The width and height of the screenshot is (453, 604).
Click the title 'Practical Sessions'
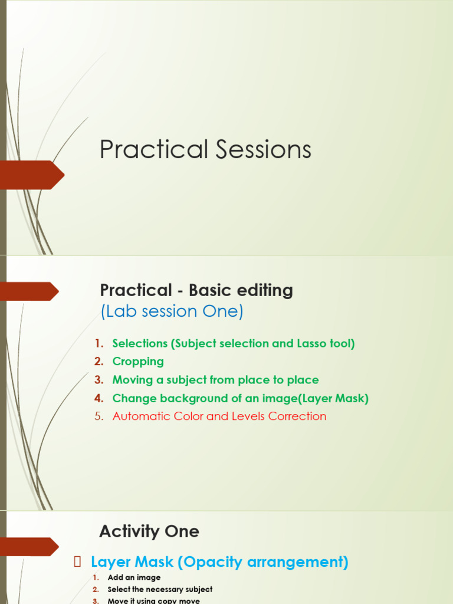click(x=205, y=150)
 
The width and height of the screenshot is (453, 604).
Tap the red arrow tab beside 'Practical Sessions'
click(x=32, y=175)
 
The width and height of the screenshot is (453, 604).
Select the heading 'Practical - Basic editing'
click(x=196, y=290)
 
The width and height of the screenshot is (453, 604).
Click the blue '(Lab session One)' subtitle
click(x=172, y=311)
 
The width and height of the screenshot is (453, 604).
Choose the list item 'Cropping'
click(x=138, y=362)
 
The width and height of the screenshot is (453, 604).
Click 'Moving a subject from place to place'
click(x=215, y=380)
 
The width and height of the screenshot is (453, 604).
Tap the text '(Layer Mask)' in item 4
click(x=334, y=398)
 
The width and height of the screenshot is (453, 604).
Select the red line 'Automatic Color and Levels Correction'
click(x=219, y=416)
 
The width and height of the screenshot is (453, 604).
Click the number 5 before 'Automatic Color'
click(x=99, y=416)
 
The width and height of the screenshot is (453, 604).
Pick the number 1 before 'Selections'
click(x=99, y=343)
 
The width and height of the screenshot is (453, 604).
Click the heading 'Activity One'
click(x=149, y=531)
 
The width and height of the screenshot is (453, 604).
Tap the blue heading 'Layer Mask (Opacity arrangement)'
click(x=219, y=562)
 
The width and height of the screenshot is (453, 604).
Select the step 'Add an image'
click(x=134, y=577)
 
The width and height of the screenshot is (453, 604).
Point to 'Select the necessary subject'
click(x=160, y=589)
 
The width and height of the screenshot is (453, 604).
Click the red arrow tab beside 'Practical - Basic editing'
click(x=29, y=291)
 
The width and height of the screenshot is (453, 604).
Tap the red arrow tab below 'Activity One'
click(x=29, y=547)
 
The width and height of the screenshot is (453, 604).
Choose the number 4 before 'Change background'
click(x=99, y=398)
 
